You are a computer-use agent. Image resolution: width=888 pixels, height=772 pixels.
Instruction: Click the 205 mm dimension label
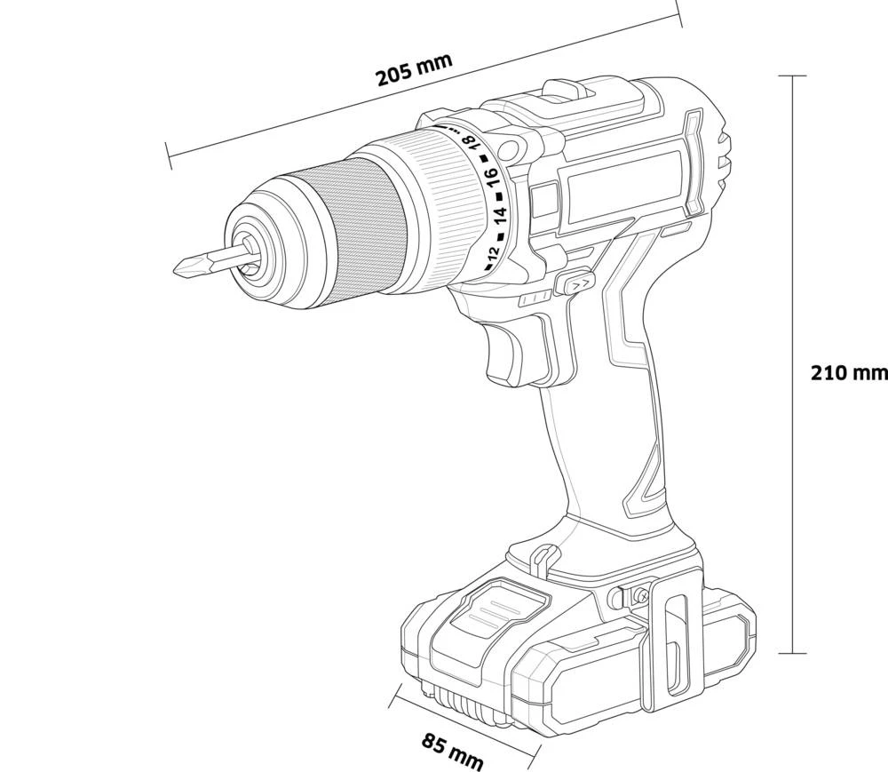point(414,68)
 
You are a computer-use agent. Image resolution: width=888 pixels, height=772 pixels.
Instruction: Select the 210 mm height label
point(849,372)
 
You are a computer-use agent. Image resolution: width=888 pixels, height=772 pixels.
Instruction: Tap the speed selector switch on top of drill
point(568,90)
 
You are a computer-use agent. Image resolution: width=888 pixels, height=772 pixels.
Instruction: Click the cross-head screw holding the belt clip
point(638,595)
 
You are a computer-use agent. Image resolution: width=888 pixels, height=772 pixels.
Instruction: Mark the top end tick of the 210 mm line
point(792,76)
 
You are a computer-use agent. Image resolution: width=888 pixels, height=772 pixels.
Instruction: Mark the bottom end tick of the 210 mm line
point(792,653)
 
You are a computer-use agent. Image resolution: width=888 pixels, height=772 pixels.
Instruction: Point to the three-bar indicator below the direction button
point(537,300)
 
